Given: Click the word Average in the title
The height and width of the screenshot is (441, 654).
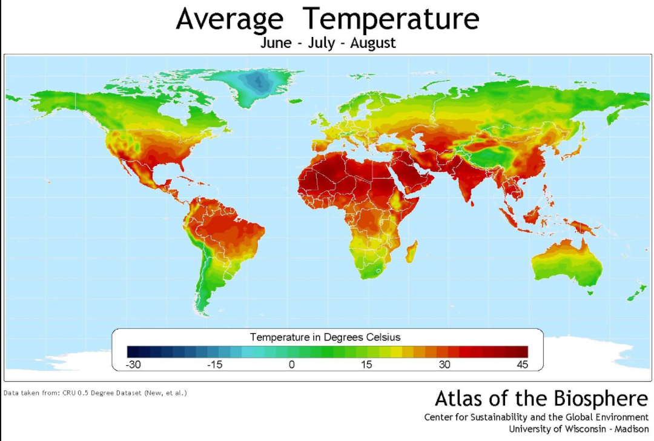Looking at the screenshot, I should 230,19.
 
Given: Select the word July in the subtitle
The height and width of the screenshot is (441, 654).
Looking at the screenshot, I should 322,44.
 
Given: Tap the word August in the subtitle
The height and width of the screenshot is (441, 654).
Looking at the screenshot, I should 373,44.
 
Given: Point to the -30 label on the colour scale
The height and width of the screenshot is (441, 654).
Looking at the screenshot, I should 133,365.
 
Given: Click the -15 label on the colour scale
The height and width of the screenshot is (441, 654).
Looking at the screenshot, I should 214,365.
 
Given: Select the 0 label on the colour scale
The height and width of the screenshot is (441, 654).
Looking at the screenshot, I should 291,365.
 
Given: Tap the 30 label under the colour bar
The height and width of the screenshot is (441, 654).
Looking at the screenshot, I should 444,365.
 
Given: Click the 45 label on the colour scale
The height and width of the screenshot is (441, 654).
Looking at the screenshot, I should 521,365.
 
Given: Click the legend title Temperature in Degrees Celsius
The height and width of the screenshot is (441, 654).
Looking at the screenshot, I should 325,337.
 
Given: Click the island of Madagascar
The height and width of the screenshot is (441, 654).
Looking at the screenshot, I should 410,251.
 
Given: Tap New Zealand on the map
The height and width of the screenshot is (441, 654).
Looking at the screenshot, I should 636,292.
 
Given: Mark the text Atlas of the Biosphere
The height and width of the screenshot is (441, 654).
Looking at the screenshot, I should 541,399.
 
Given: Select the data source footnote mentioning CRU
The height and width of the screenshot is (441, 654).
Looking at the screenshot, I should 95,393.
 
